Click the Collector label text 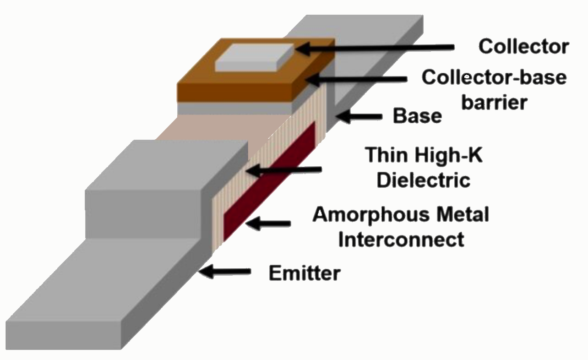coord(523,46)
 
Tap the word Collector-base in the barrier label coord(494,77)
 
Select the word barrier coord(494,102)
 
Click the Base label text coord(417,116)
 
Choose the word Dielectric coord(424,180)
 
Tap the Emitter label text coord(304,273)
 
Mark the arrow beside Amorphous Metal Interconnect coord(268,224)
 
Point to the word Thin coord(386,156)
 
